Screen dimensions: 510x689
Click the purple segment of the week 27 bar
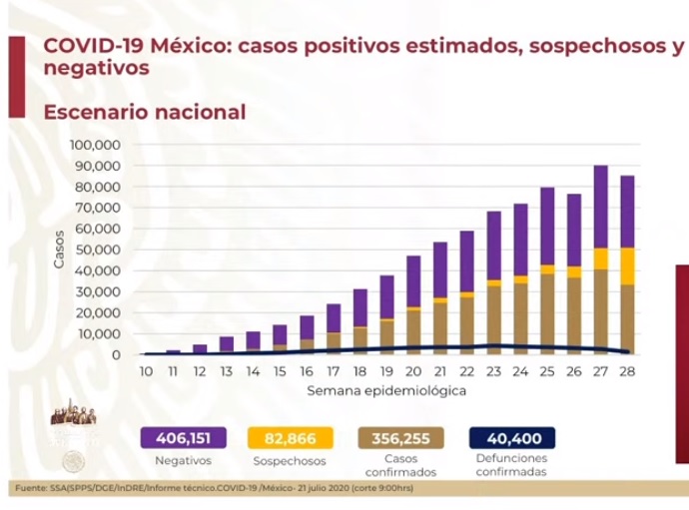pyautogui.click(x=600, y=207)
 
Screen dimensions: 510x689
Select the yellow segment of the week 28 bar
pyautogui.click(x=627, y=265)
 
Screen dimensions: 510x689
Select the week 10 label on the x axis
pyautogui.click(x=146, y=370)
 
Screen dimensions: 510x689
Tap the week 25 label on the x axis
pyautogui.click(x=546, y=370)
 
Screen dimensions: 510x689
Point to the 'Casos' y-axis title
pyautogui.click(x=60, y=250)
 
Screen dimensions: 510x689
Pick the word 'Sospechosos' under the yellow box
pyautogui.click(x=294, y=461)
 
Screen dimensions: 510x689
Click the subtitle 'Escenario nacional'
pyautogui.click(x=145, y=112)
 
